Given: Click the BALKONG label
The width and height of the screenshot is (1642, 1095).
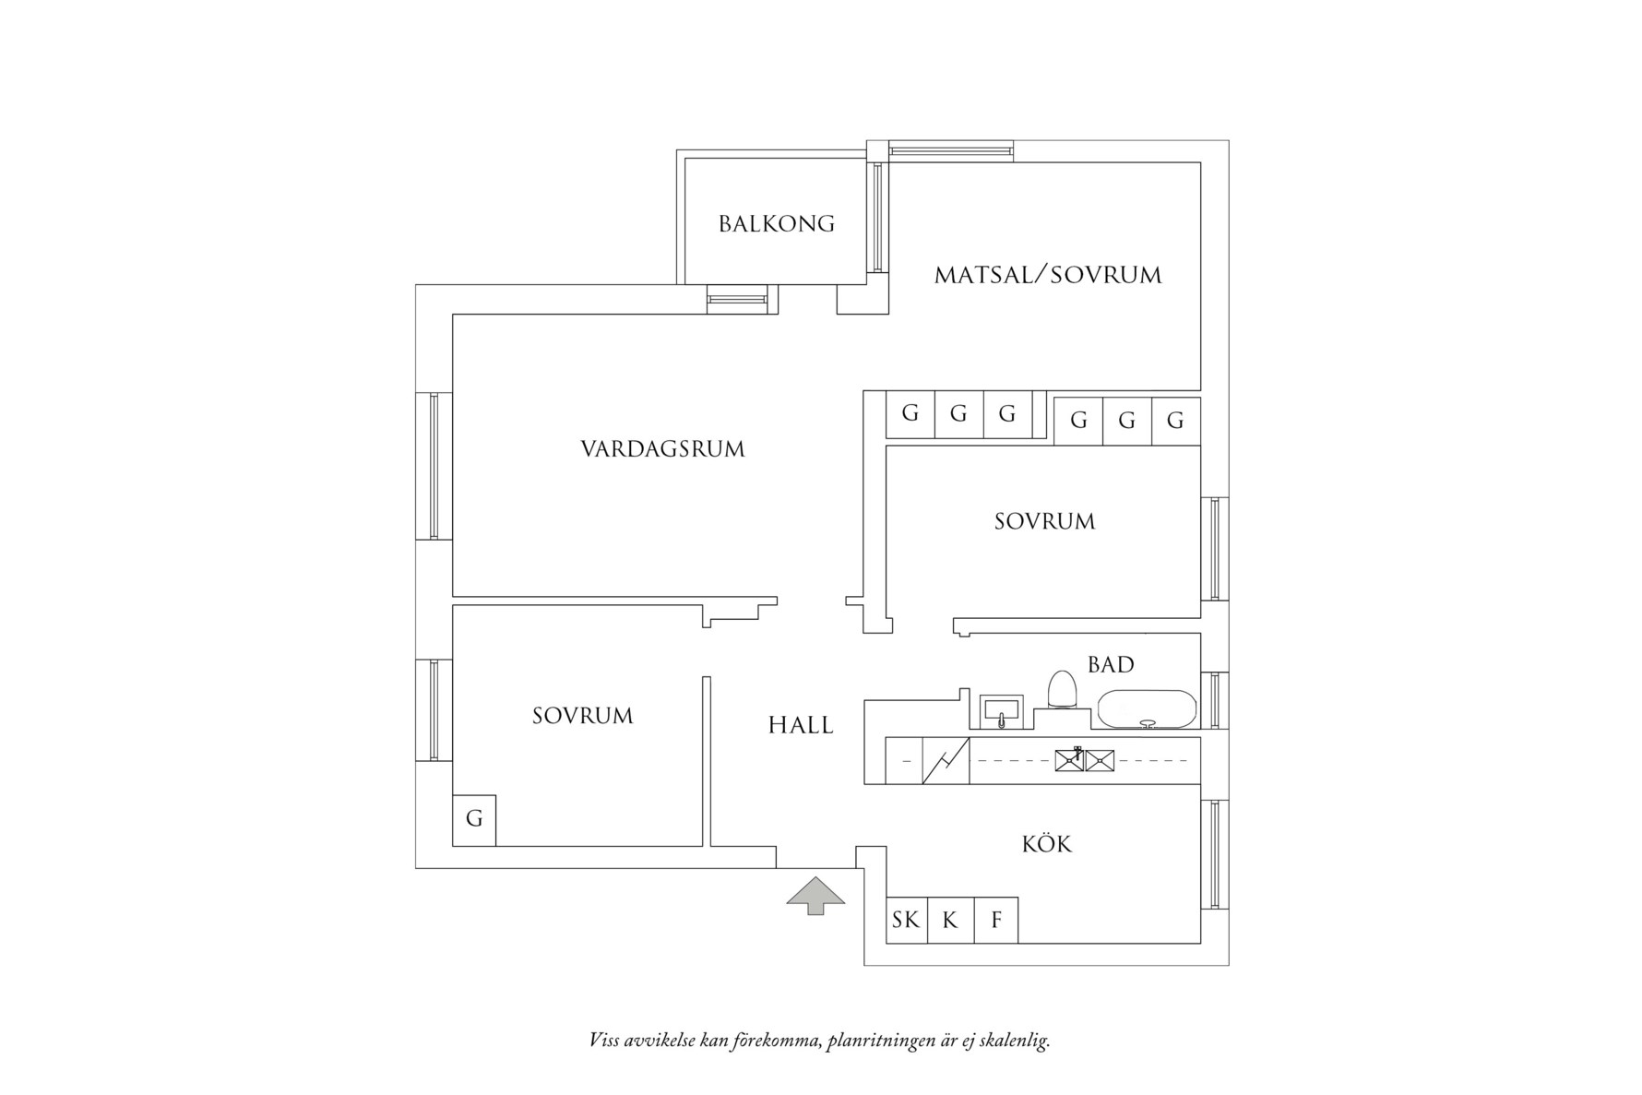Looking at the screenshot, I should pos(776,224).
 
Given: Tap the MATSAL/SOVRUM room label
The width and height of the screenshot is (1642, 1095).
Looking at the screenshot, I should pos(1048,275).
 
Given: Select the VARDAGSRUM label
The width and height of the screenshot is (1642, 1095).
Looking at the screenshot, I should pos(662,449).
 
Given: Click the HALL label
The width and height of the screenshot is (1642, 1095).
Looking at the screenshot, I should pos(801,726).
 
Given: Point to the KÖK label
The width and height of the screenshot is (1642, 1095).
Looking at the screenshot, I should pos(1046,844).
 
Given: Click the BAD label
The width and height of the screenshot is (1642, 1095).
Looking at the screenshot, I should pos(1110,664).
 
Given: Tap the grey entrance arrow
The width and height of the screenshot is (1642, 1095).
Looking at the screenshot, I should pos(815,895).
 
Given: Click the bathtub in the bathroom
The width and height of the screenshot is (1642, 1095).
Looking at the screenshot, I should pos(1147,708).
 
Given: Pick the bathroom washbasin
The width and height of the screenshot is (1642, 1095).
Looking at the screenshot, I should pos(1002,711).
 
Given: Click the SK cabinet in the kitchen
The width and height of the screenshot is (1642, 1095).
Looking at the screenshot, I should pos(906,920).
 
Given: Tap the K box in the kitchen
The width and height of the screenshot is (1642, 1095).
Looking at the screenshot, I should pos(950,920).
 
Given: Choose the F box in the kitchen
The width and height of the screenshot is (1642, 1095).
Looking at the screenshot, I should pos(996,920).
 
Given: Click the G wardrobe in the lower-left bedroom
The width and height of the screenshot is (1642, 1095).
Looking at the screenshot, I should pos(474,819).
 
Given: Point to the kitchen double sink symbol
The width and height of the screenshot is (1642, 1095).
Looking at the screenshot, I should pos(1085,761).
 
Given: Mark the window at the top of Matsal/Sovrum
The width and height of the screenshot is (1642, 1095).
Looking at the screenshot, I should pos(950,151).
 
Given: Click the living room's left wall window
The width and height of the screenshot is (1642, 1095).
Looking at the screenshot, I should pos(434,466).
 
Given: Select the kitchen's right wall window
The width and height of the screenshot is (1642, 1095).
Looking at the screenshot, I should pos(1215,854).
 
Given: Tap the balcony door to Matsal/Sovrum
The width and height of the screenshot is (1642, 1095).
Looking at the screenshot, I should pos(876,218).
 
